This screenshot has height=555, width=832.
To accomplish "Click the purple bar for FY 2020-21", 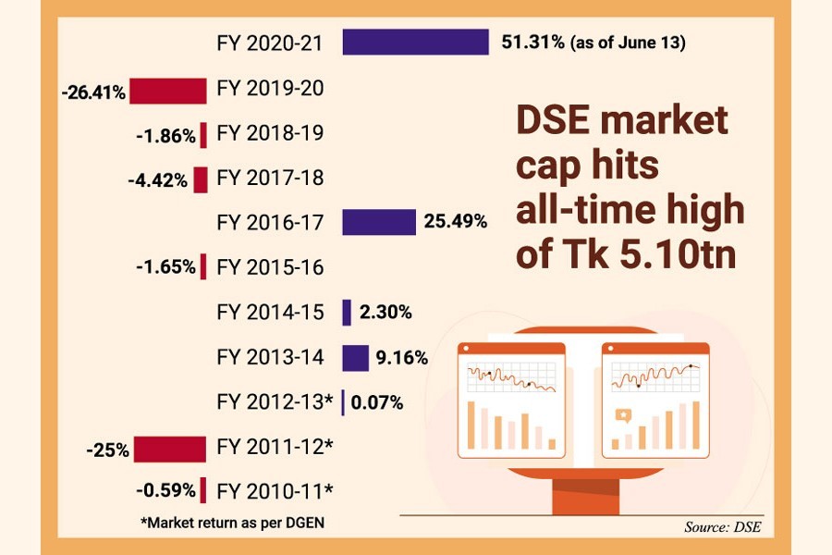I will click(x=415, y=43).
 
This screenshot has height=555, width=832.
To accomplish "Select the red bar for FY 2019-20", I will click(x=168, y=91).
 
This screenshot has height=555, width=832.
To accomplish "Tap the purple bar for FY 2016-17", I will click(x=379, y=223).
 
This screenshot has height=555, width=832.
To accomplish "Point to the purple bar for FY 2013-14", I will click(x=356, y=358).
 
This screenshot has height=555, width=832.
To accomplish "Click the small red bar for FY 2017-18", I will click(x=201, y=179).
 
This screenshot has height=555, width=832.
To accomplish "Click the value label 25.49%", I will click(x=456, y=223).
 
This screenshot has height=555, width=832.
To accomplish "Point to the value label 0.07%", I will click(x=377, y=403).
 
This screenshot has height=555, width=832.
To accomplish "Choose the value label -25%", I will click(x=107, y=450).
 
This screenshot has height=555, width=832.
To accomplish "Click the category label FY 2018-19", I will click(x=269, y=133).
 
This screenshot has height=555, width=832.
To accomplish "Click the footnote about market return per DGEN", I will click(x=232, y=523).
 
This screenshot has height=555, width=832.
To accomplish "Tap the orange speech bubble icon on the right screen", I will click(x=623, y=416).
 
